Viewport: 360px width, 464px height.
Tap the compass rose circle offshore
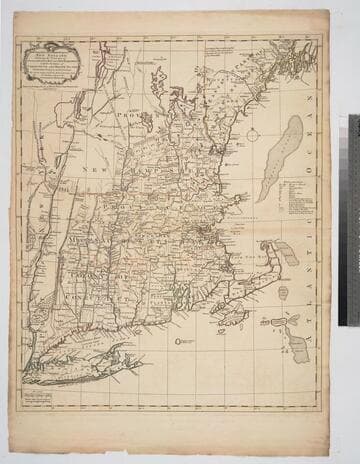(x=252, y=135)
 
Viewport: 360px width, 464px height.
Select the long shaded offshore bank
(x=279, y=157)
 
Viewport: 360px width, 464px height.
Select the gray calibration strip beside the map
(x=352, y=220)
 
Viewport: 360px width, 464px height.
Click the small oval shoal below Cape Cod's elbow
(x=283, y=289)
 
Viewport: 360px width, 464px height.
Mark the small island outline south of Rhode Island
(x=181, y=343)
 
